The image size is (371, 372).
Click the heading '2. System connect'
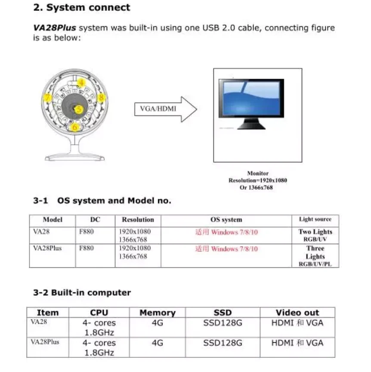click(x=82, y=8)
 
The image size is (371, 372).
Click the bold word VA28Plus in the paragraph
click(x=55, y=28)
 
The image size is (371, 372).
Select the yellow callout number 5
click(x=78, y=109)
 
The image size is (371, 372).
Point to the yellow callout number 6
click(x=75, y=127)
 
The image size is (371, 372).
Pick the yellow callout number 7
click(x=49, y=98)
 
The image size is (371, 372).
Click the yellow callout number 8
click(x=102, y=98)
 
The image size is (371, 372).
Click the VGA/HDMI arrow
click(x=166, y=109)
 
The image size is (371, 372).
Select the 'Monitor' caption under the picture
click(x=258, y=174)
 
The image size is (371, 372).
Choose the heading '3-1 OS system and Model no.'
click(x=102, y=201)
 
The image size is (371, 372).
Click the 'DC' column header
click(x=96, y=220)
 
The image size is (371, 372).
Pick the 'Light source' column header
click(x=315, y=220)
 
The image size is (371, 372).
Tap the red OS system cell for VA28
click(x=227, y=232)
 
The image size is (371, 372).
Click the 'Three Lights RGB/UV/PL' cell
click(x=315, y=256)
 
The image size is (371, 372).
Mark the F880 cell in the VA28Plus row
click(x=87, y=248)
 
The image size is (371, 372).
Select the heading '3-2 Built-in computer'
click(x=82, y=293)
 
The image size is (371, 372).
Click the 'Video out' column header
click(x=297, y=313)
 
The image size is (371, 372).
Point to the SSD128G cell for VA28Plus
click(x=223, y=343)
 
